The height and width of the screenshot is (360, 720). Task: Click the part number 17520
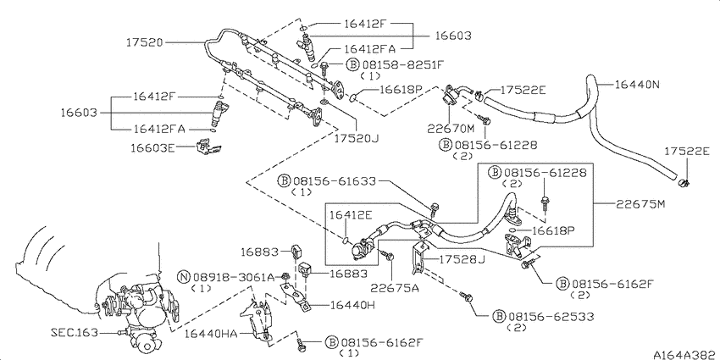pos(144,42)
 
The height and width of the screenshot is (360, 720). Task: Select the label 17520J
pos(356,137)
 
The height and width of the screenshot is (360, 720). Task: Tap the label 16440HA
pos(211,335)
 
